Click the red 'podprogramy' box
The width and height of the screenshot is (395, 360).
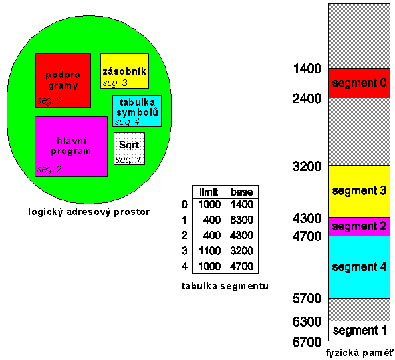(x=63, y=81)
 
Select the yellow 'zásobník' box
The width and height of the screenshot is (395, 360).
(x=125, y=71)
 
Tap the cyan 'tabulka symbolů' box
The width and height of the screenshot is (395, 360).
(x=137, y=111)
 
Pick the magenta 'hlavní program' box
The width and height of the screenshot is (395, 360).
(x=71, y=146)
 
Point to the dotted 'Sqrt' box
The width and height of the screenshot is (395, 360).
(x=130, y=149)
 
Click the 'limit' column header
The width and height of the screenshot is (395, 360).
(x=209, y=192)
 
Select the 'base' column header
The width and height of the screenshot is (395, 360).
(x=242, y=192)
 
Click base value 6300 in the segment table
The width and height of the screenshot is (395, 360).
(x=241, y=220)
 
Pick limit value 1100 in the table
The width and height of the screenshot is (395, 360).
(x=209, y=251)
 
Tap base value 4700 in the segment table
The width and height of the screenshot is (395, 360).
(x=241, y=266)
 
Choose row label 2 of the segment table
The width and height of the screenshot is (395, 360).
(x=184, y=235)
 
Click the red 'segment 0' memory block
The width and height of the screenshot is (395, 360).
(x=359, y=83)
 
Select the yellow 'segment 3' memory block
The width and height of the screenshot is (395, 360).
(x=359, y=191)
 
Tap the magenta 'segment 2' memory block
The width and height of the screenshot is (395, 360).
(x=359, y=226)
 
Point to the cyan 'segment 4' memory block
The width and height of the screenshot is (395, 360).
(x=359, y=268)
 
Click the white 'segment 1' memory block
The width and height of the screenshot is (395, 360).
(x=359, y=331)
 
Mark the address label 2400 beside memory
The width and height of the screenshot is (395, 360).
(x=307, y=98)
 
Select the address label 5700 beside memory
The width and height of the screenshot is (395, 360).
(x=307, y=299)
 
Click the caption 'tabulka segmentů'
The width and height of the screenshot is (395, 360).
(x=225, y=286)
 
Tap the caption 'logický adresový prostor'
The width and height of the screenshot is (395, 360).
(x=88, y=212)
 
